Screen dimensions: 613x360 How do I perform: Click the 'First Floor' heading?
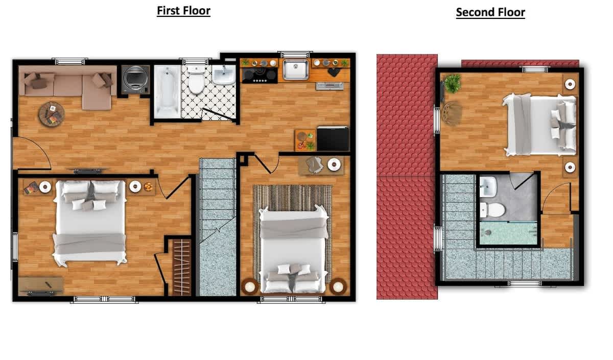pos(183,11)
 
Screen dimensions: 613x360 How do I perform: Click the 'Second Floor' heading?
pos(490,12)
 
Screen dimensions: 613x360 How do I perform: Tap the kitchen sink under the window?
pos(295,69)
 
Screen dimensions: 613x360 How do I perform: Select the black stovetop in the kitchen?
pos(260,75)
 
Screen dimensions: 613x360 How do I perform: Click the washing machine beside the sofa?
pos(135,79)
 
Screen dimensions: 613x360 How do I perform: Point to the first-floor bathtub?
pos(167,91)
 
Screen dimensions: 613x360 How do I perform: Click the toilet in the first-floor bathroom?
pos(196,79)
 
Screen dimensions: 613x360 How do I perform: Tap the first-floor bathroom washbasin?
pos(224,75)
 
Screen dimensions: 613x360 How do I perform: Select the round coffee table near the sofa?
pos(52,114)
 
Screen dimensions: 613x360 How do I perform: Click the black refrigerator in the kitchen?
pos(333,138)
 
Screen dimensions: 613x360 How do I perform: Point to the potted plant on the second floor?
pos(453,83)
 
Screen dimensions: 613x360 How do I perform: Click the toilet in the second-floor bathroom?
pos(492,210)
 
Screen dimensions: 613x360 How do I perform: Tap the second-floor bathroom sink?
pos(488,186)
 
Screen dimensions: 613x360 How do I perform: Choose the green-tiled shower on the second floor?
pos(508,233)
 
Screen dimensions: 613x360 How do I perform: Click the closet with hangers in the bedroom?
pos(181,267)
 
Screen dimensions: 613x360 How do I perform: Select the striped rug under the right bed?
pos(292,232)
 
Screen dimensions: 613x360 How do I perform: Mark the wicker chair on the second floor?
pos(452,113)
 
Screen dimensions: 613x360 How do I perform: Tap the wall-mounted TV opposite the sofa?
pos(88,171)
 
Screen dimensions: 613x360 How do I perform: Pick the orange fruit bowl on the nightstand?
pos(148,187)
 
